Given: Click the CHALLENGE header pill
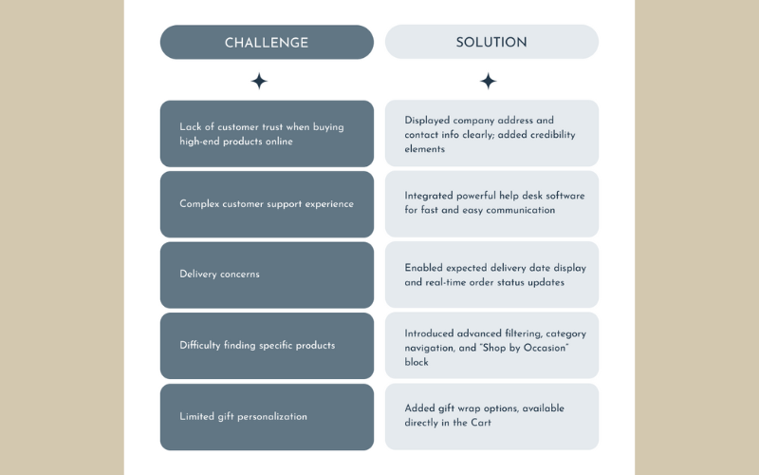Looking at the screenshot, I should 267,43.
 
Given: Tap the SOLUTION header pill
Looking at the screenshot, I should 491,43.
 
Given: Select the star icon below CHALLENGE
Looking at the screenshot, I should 259,82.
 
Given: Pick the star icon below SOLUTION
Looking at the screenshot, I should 488,82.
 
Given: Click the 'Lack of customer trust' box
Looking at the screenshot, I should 267,134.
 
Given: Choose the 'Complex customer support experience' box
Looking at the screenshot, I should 267,204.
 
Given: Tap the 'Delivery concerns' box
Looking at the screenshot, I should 267,275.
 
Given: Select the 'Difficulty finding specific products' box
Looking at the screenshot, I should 267,346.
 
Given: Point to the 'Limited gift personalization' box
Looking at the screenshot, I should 267,416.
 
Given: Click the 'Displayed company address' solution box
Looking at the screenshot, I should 491,134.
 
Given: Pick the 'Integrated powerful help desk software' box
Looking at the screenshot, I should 491,203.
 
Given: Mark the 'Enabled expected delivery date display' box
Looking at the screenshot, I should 491,275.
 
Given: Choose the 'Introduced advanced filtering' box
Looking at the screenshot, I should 491,346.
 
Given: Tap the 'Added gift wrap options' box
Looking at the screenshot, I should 491,416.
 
